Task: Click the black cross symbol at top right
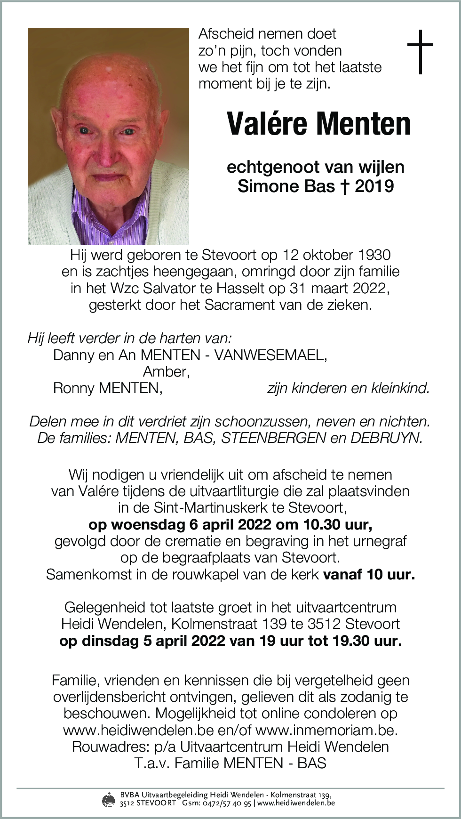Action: point(420,52)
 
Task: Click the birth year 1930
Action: point(374,255)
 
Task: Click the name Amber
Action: point(166,372)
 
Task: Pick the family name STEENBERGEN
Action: point(274,438)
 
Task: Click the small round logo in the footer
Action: point(108,799)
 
